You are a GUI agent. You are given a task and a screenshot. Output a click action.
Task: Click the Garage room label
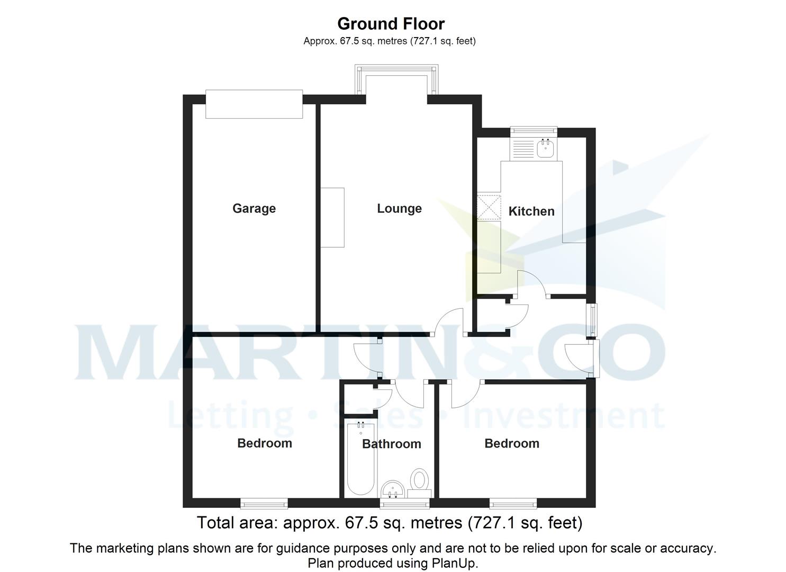point(254,209)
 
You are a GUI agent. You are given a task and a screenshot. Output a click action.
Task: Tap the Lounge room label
point(399,209)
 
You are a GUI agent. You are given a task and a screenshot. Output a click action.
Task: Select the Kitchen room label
point(531,211)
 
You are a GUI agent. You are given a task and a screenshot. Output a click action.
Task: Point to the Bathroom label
point(391,444)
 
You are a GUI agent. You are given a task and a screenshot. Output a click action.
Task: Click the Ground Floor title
point(391,24)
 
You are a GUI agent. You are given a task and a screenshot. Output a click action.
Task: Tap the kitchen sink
point(545,148)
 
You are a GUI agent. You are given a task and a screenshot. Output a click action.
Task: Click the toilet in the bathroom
point(420,480)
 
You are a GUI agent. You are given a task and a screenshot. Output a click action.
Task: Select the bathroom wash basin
point(392,488)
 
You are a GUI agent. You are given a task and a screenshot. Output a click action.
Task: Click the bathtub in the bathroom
point(360,458)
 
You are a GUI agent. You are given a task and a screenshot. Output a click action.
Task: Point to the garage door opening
point(254,104)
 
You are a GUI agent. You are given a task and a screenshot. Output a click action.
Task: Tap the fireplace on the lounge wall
point(332,217)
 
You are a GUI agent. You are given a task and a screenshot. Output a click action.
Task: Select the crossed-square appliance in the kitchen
point(489,207)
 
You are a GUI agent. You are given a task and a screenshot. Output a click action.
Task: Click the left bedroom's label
point(265,443)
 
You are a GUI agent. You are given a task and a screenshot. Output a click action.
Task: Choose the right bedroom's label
point(512,443)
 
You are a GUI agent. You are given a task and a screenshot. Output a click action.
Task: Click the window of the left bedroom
point(264,503)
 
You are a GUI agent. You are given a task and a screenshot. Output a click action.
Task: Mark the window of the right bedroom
point(512,503)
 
